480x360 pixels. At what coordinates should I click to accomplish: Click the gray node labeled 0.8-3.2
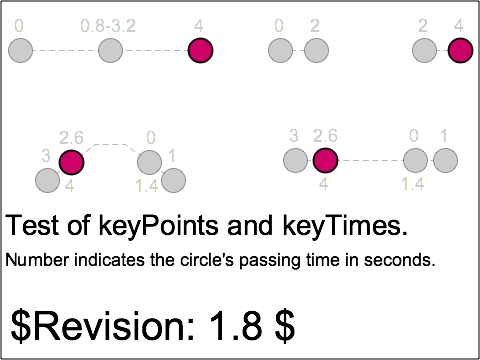coord(110,50)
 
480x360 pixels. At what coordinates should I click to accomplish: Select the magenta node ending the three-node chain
coord(200,50)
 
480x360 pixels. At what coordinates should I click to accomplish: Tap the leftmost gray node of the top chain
coord(20,50)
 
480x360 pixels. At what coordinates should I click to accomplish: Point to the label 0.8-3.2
coord(109,24)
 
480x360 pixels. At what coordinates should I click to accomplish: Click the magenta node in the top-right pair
coord(460,50)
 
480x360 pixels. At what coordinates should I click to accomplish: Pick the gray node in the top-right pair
coord(424,50)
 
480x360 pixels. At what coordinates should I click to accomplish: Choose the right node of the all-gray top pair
coord(316,50)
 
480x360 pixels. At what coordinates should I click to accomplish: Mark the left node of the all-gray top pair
coord(280,50)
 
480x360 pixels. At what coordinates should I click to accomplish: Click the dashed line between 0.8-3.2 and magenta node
coord(155,50)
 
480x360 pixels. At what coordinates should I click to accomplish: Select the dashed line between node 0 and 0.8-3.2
coord(65,50)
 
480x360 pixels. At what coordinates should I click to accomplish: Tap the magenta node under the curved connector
coord(71,162)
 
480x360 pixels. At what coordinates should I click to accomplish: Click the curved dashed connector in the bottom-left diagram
coord(110,145)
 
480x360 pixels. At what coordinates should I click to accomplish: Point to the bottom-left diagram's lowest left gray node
coord(47,180)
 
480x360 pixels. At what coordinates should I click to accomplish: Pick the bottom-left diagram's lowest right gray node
coord(173,180)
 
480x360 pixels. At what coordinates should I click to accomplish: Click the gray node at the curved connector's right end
coord(149,162)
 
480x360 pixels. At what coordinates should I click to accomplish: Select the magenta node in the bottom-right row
coord(325,160)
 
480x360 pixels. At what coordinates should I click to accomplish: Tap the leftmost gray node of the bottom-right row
coord(295,160)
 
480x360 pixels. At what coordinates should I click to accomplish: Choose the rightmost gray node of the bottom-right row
coord(445,160)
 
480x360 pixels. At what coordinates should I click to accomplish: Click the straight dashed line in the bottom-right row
coord(370,160)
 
